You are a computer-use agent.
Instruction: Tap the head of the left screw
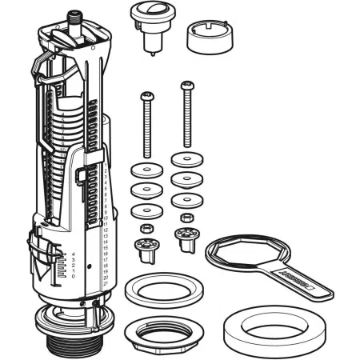[146, 97]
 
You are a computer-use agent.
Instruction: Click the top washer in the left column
[144, 171]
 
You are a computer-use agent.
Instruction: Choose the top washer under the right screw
[186, 158]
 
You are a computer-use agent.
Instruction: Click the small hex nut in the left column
[146, 230]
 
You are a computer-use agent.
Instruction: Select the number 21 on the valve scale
[106, 285]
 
